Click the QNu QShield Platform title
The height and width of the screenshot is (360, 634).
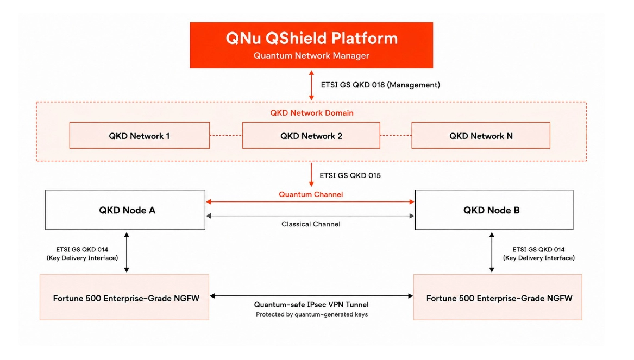click(x=311, y=39)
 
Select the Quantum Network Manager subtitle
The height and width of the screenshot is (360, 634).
click(x=311, y=56)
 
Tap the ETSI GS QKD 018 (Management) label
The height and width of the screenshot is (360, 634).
click(x=380, y=85)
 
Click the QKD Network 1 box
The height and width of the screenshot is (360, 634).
click(x=140, y=135)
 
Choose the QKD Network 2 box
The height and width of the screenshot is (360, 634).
click(x=311, y=135)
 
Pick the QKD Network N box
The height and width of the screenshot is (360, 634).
click(x=481, y=135)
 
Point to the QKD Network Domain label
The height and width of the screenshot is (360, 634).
click(x=312, y=113)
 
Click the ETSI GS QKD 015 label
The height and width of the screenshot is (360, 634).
click(x=350, y=175)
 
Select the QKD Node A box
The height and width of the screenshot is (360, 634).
click(x=125, y=210)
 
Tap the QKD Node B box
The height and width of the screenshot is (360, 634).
click(x=494, y=210)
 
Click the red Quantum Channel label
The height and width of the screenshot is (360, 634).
click(x=311, y=194)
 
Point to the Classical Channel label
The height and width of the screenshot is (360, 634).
click(x=311, y=224)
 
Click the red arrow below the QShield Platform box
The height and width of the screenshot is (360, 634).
click(x=311, y=85)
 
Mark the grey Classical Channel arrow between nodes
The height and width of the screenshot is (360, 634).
click(x=310, y=216)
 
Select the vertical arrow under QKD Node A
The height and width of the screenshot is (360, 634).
click(x=127, y=252)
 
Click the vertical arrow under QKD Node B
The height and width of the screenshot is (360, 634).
click(x=492, y=252)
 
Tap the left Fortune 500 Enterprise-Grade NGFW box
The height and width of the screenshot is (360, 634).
click(x=124, y=298)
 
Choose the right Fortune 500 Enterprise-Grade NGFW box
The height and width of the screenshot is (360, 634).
click(x=498, y=298)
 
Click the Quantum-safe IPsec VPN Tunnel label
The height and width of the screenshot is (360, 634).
click(x=311, y=304)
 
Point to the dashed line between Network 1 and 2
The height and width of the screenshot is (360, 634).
click(x=226, y=135)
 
